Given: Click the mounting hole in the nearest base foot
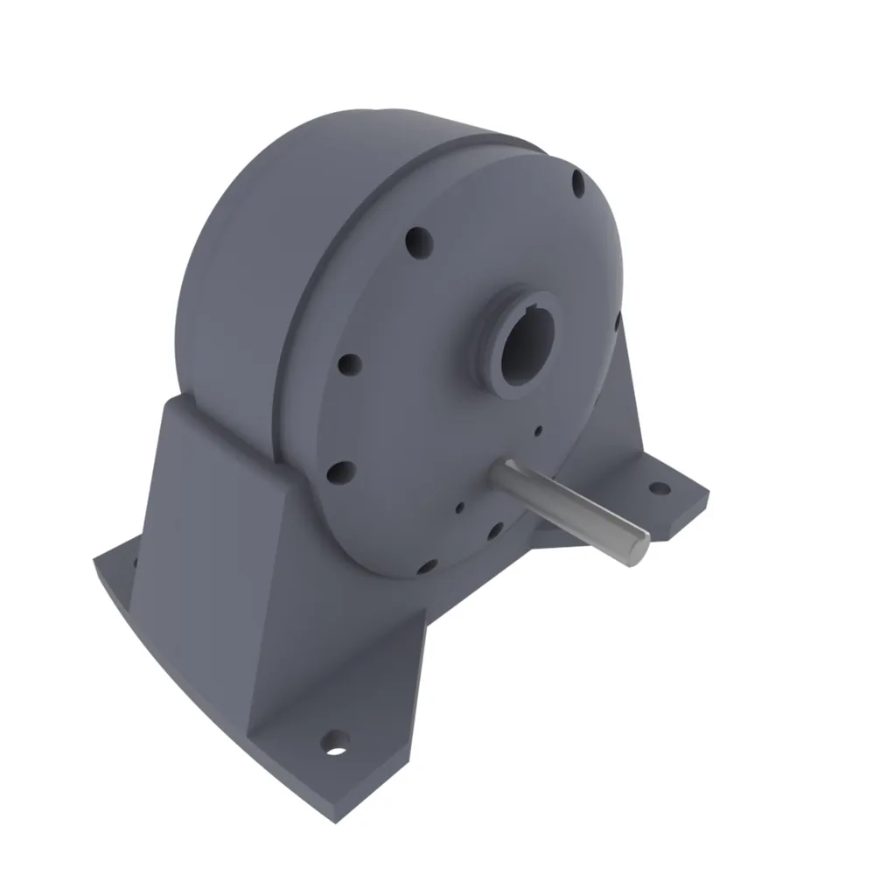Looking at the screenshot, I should coord(334,745).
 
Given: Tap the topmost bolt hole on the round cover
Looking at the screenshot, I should coord(578,183).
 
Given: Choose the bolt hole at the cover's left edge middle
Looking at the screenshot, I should coord(349,362).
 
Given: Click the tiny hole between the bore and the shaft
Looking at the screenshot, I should coord(539,430).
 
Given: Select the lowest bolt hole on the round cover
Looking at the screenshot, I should coord(426,567).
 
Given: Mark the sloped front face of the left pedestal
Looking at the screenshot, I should coord(219,560).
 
